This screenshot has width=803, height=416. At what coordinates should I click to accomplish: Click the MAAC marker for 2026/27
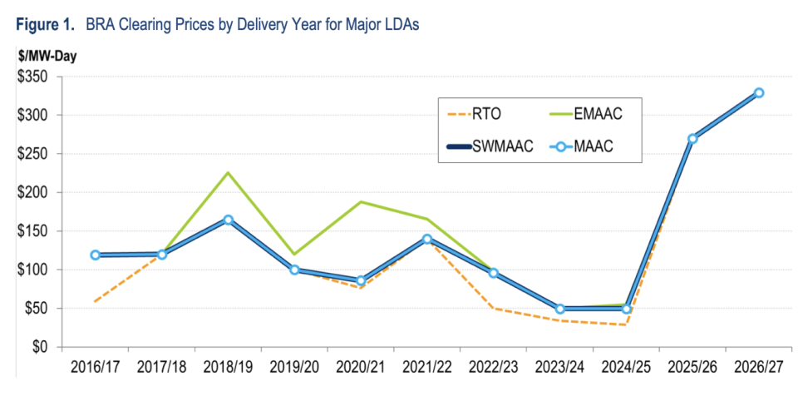[x=759, y=93]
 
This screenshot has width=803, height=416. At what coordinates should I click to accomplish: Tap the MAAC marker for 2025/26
[x=692, y=139]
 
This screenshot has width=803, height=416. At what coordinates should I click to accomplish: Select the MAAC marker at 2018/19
[x=228, y=220]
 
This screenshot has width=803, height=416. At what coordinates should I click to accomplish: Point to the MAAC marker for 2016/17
[x=96, y=255]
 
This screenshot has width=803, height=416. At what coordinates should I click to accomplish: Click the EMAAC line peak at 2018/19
[x=228, y=173]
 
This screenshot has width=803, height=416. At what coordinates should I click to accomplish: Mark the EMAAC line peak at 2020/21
[x=361, y=202]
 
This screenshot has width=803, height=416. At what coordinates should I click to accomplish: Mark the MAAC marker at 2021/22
[x=427, y=240]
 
